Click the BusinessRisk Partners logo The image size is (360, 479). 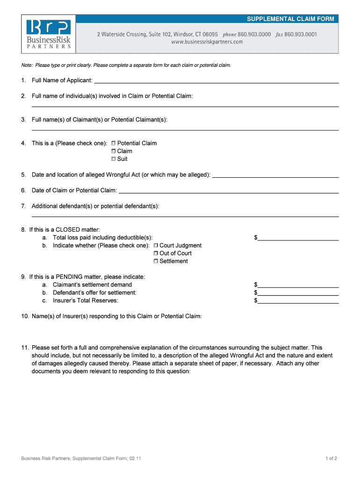tap(49, 34)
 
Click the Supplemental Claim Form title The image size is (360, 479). tap(290, 19)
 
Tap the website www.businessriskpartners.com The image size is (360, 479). tap(207, 42)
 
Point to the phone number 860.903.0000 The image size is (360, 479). tap(254, 35)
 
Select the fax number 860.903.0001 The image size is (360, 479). tap(301, 35)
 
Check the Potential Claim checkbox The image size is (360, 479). tap(113, 144)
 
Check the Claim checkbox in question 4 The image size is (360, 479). tap(113, 152)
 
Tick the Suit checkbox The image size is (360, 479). tap(113, 160)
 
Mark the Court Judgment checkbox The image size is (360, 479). tap(156, 246)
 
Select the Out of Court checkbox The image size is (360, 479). tap(156, 254)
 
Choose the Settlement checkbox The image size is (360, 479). tap(156, 261)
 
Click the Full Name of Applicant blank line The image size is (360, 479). tap(216, 81)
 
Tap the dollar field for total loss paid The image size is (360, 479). tap(298, 238)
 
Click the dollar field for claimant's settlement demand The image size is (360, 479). tap(298, 285)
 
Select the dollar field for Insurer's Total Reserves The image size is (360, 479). tap(298, 301)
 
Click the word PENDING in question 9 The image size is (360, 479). tap(70, 277)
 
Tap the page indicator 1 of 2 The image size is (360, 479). tap(331, 458)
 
